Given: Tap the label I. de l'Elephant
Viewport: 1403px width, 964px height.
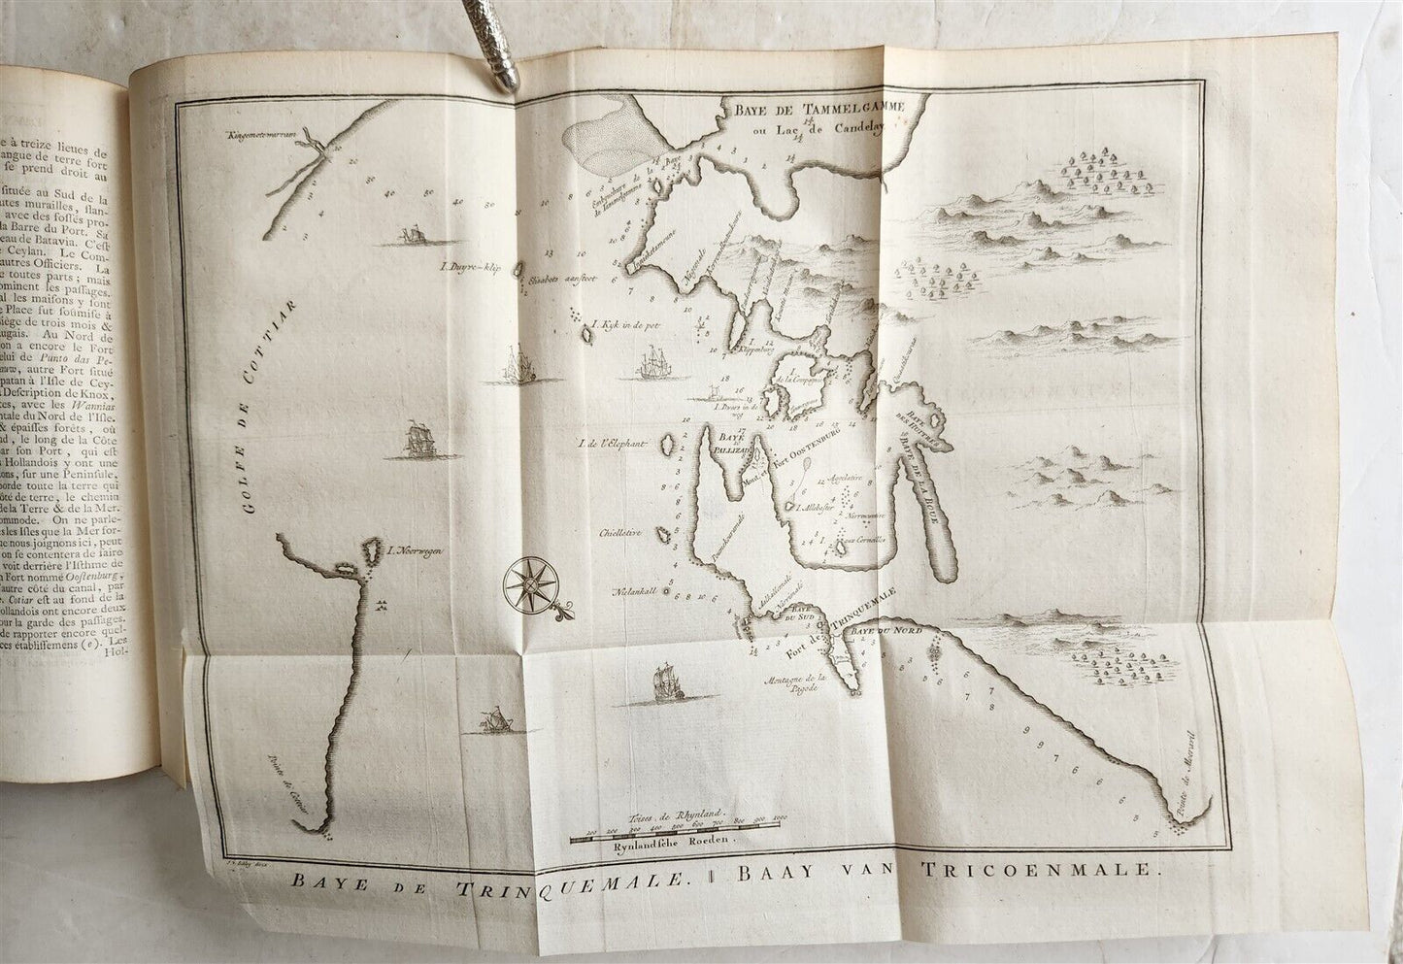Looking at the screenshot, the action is pyautogui.click(x=612, y=445).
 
